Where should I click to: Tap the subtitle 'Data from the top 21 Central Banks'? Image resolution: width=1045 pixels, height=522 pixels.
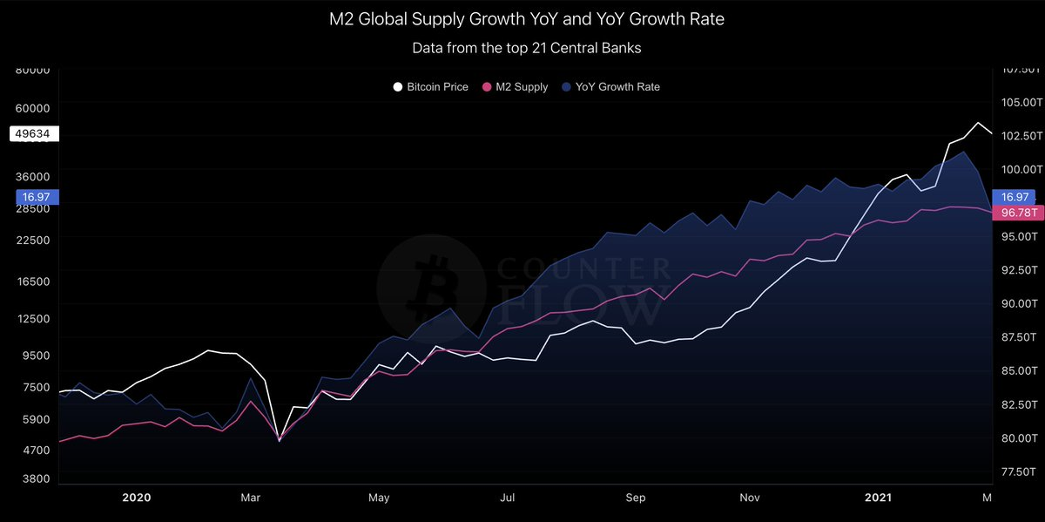526,48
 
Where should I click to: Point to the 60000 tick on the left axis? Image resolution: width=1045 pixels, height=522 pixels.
32,109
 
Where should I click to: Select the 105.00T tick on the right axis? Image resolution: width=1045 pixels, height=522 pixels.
1017,103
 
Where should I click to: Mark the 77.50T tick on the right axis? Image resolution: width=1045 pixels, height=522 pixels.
1017,471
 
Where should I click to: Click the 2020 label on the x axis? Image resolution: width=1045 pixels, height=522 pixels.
137,498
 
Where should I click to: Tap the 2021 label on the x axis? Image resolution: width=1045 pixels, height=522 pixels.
878,498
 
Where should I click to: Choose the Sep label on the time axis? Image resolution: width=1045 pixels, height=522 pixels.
636,498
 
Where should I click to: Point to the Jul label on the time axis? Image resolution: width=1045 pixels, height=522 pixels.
508,498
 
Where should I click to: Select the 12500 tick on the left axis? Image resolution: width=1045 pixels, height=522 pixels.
32,319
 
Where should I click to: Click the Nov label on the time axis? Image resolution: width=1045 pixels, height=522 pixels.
750,498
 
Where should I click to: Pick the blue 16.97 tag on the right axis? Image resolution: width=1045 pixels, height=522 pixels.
1016,197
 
